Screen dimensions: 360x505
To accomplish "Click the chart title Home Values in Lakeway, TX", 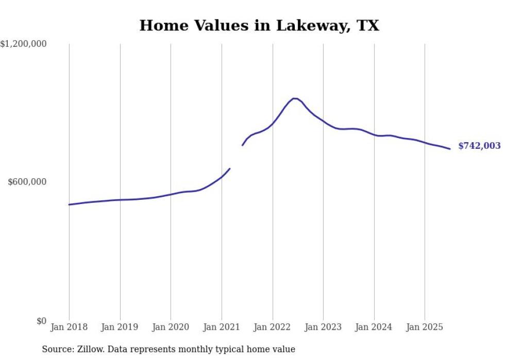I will coord(259,26).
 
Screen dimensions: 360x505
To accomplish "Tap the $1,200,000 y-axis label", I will coord(23,44).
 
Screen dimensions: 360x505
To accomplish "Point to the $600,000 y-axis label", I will coord(27,182).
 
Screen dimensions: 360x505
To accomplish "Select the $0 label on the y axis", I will coord(41,321).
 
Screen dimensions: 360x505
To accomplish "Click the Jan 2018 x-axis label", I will coord(69,327).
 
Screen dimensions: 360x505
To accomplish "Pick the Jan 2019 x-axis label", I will coord(120,327).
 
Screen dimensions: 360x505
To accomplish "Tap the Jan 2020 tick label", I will coord(171,327).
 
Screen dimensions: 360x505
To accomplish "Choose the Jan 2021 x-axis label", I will coord(222,327).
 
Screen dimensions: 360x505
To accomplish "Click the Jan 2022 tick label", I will coord(273,327).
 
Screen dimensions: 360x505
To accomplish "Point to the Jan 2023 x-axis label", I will coord(323,327).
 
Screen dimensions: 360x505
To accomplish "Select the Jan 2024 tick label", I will coord(374,327).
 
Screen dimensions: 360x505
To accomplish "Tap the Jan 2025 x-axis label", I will coord(425,327).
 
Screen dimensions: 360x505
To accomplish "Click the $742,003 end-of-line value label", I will coord(479,146).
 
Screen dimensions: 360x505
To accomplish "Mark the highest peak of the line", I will coord(294,98).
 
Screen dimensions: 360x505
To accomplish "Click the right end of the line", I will coord(450,149).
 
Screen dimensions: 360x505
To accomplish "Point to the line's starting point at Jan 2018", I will coord(69,204).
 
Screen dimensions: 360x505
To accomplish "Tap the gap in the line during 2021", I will coord(236,157).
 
